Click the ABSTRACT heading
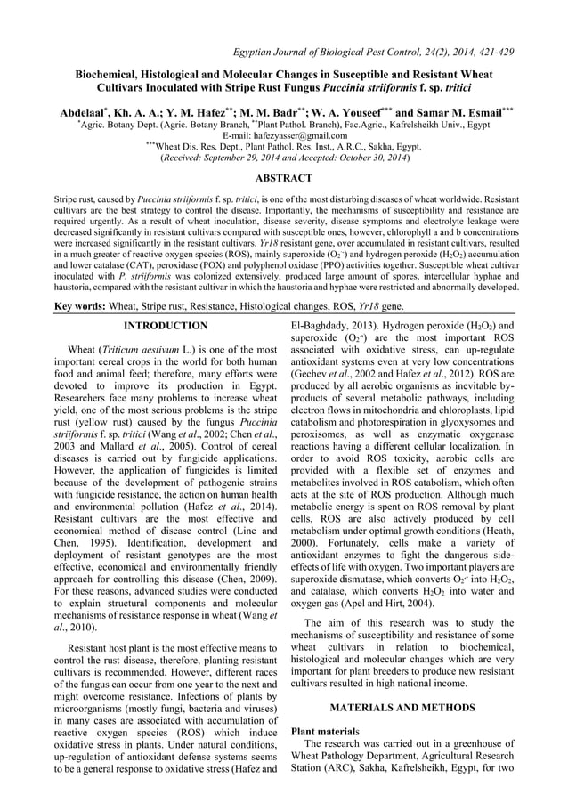click(x=284, y=178)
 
